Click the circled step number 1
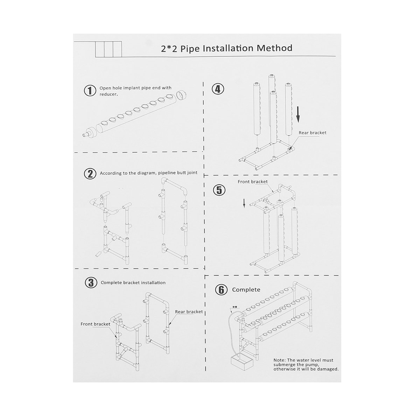pos(90,91)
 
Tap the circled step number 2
pos(90,174)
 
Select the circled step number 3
pos(91,283)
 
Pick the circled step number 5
pos(219,190)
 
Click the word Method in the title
pos(274,48)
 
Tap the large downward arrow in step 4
pos(297,114)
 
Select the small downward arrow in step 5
pos(245,203)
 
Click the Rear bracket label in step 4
pos(312,133)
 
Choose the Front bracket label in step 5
pos(252,182)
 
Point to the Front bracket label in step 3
pos(95,324)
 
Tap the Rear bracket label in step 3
pos(189,311)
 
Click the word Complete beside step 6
pos(246,290)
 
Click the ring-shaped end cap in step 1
pos(181,95)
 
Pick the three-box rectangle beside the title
pos(108,49)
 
